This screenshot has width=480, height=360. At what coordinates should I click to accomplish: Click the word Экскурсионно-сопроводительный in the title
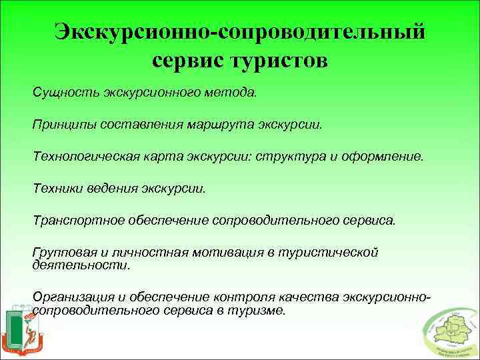coord(239,32)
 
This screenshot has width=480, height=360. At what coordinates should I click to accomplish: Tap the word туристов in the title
coord(279,61)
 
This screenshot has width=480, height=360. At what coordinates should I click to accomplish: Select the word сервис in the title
coord(187,61)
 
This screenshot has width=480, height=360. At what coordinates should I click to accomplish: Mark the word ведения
coord(112,189)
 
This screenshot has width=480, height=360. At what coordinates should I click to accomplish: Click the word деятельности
coord(79,265)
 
